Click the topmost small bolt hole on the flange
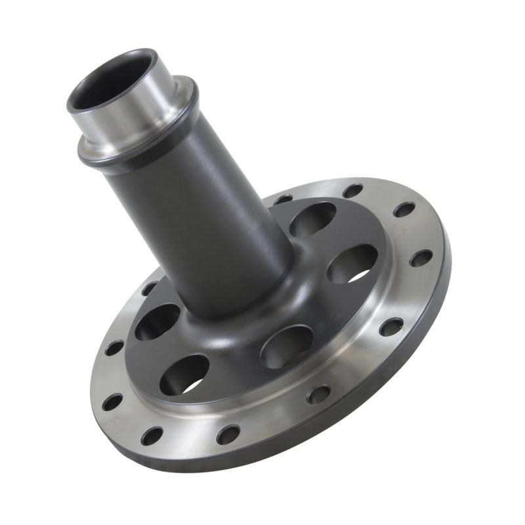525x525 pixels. click(352, 191)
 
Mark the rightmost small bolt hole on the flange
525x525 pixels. click(421, 258)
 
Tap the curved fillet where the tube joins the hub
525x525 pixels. click(262, 308)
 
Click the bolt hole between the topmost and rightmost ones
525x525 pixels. click(404, 209)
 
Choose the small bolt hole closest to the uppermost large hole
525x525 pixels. click(283, 199)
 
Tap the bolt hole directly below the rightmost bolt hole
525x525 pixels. click(391, 327)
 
